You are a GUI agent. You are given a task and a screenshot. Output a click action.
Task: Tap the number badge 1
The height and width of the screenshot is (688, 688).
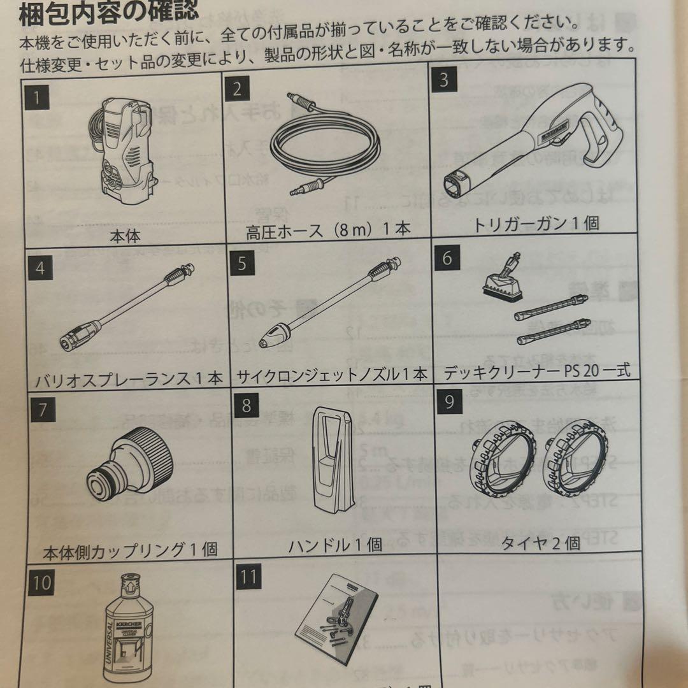(39, 99)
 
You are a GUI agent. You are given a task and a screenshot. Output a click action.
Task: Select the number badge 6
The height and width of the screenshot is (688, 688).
(447, 258)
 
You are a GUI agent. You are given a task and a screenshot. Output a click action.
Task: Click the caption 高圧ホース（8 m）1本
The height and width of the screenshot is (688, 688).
(328, 229)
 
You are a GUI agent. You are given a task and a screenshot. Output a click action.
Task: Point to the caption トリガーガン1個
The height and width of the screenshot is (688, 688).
(535, 223)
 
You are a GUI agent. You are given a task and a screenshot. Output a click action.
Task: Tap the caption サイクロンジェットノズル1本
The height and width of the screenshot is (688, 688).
(331, 375)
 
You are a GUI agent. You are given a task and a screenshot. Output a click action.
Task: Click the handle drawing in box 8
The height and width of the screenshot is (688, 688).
(332, 465)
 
